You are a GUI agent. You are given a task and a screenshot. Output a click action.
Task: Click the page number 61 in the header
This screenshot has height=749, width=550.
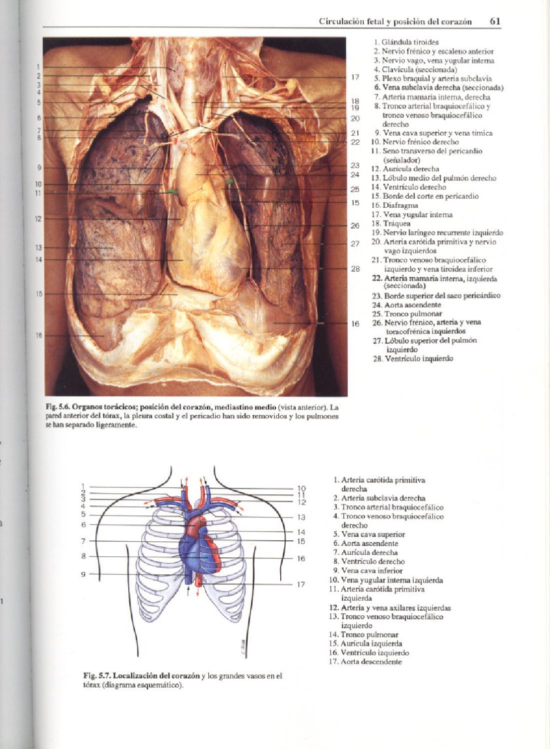coord(495,21)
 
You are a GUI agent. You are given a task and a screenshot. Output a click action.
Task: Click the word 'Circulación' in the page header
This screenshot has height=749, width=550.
coord(337,21)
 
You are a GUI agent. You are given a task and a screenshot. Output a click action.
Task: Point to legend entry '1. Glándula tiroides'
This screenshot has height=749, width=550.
coord(406,42)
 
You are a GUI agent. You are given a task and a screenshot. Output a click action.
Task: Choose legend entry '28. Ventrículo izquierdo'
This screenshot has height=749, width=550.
coord(413,359)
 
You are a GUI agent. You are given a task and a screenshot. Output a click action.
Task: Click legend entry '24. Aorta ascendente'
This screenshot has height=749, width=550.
coord(406,305)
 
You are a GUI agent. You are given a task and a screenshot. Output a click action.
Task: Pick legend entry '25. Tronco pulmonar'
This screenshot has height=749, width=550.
coord(407,314)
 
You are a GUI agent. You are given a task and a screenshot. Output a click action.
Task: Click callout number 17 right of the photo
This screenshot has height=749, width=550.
coord(355,77)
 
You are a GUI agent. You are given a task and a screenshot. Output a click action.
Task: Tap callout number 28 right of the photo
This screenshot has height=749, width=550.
coord(355,269)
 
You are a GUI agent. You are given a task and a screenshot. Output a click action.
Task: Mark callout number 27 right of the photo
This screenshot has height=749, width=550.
coord(355,244)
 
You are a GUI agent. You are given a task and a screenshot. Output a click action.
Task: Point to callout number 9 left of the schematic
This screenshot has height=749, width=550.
coord(84,574)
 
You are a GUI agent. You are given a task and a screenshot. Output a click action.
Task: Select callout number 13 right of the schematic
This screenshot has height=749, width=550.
coord(301,517)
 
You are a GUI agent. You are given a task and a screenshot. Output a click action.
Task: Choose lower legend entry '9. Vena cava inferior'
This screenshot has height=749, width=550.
coord(369,570)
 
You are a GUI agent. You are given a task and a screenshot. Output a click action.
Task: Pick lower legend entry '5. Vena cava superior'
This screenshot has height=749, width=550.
coord(369,534)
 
